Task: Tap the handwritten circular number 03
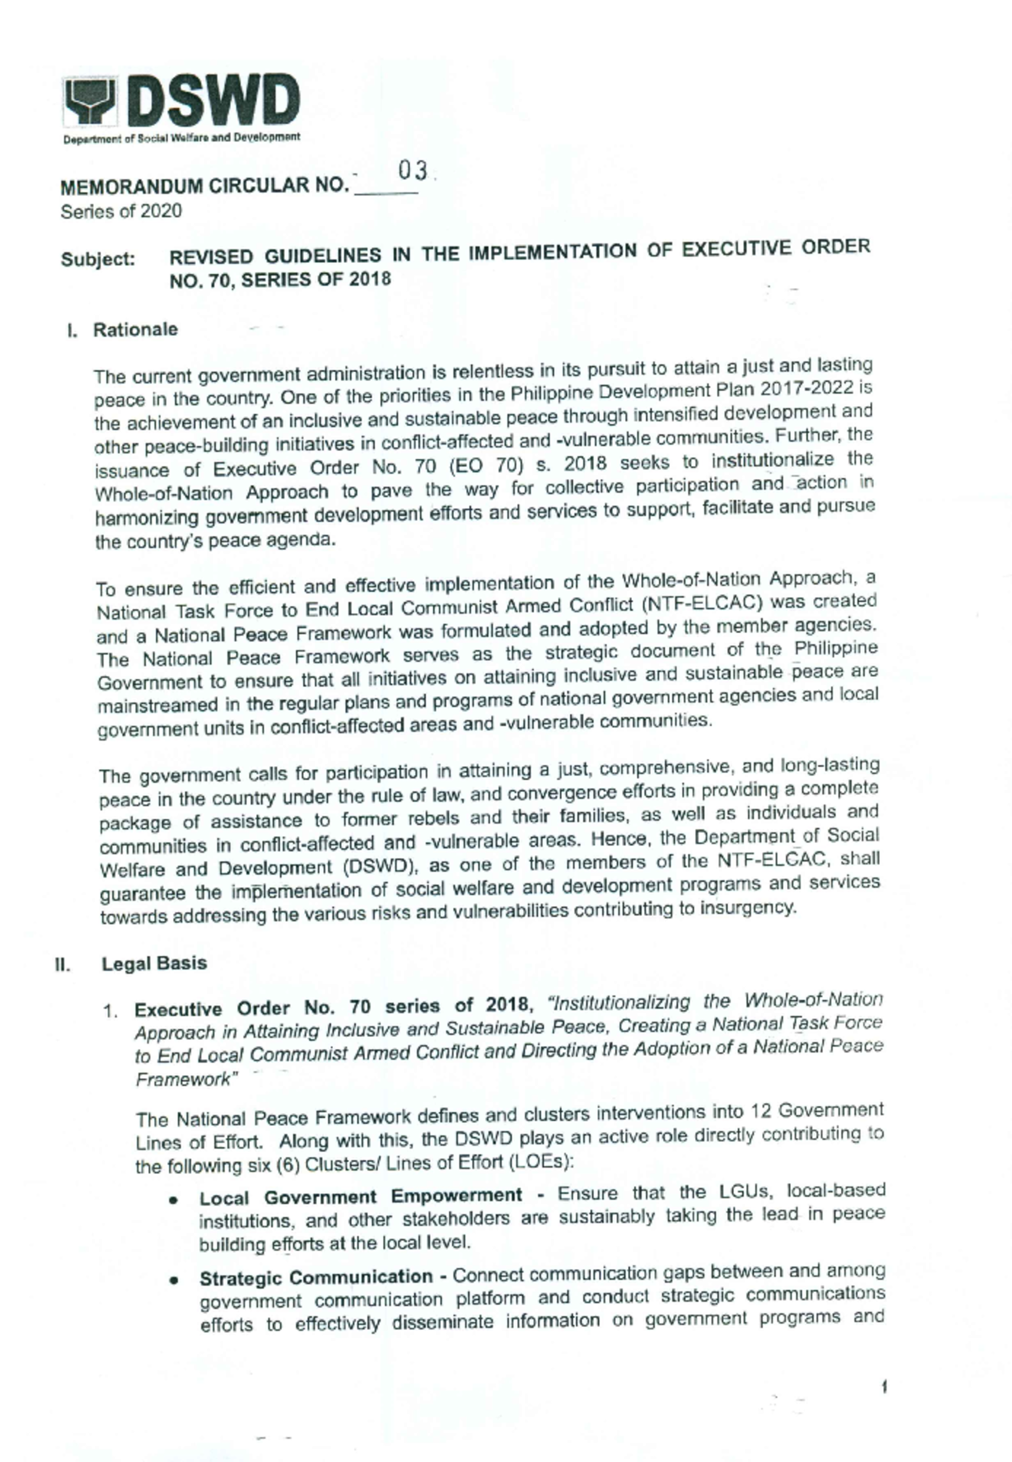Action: (414, 172)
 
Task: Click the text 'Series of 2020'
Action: (121, 212)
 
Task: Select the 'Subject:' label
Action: (98, 260)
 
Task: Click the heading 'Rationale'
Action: (135, 330)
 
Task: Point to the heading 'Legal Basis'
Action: (153, 964)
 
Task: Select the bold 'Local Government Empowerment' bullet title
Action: (361, 1196)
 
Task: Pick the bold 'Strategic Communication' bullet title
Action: (316, 1277)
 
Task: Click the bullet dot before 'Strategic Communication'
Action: (173, 1280)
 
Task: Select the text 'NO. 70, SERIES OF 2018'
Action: (280, 281)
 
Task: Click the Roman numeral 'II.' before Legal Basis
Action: (62, 965)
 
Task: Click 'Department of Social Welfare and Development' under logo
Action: (181, 137)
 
